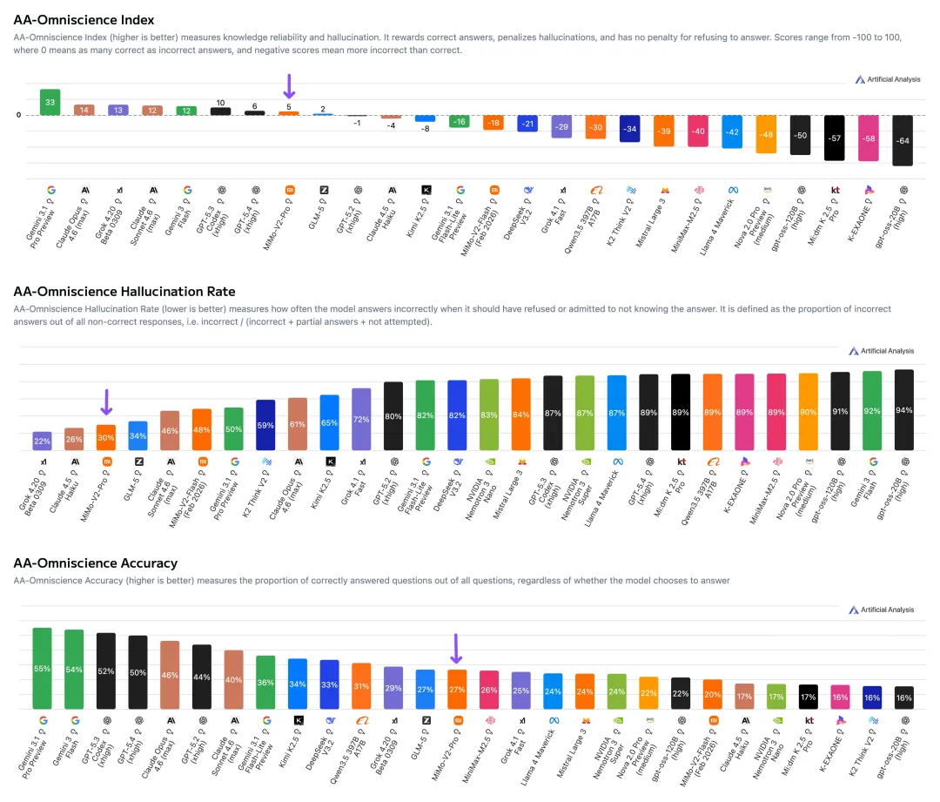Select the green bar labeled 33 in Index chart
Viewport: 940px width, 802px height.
coord(50,102)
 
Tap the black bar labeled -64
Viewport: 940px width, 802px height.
coord(903,140)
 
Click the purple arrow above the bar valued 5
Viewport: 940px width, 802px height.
coord(290,86)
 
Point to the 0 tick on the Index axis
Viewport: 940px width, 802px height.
coord(18,115)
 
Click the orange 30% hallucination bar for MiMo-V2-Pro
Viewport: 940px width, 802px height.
coord(106,438)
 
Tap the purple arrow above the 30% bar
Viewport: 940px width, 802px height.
coord(106,401)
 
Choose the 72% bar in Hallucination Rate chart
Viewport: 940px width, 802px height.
coord(361,420)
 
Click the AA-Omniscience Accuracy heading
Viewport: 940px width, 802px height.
coord(95,563)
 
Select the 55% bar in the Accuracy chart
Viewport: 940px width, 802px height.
coord(42,668)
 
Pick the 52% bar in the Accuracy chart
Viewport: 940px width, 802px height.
coord(106,671)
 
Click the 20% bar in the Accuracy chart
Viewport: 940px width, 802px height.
coord(712,694)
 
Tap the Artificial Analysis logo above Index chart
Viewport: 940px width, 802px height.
coord(885,79)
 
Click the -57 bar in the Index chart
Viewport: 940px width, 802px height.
coord(834,138)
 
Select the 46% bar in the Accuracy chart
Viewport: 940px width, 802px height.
coord(170,675)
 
